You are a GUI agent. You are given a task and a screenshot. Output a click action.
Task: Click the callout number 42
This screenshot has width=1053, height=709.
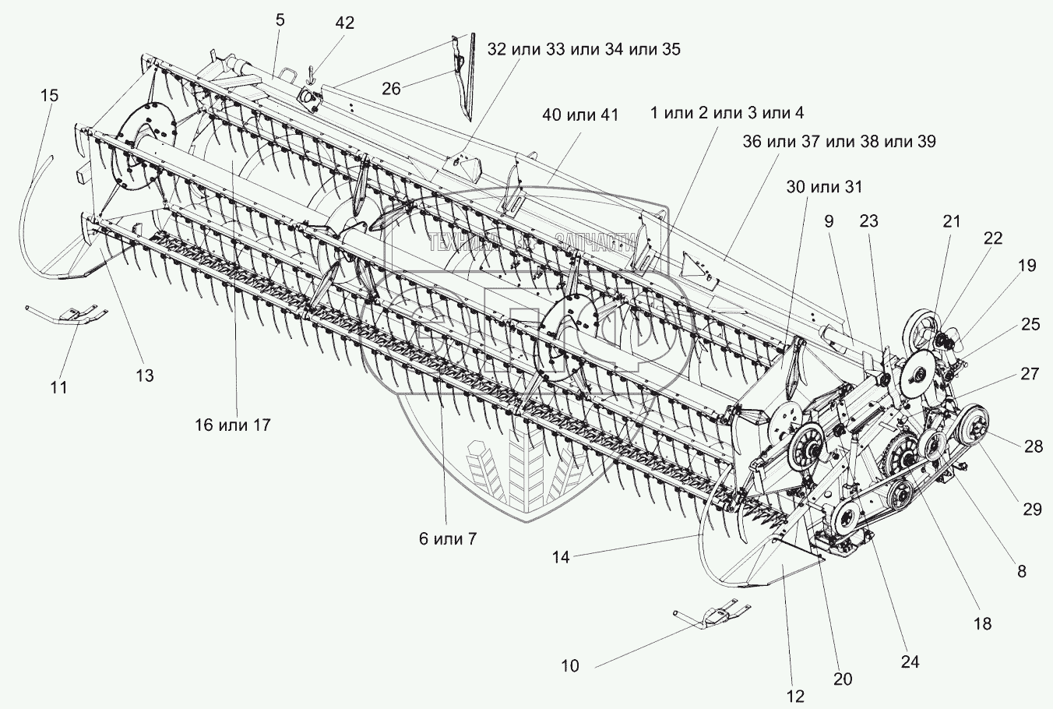tap(344, 23)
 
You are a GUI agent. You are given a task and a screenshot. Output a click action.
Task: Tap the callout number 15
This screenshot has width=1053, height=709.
tap(49, 95)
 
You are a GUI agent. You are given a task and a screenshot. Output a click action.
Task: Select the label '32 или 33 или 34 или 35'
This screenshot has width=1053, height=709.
tap(583, 49)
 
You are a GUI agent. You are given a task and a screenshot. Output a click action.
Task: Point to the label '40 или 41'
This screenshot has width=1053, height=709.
tap(580, 115)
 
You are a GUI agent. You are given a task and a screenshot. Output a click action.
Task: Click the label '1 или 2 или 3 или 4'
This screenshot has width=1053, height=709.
tap(727, 113)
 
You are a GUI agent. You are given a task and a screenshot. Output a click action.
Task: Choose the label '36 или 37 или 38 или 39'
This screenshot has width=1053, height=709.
tap(839, 142)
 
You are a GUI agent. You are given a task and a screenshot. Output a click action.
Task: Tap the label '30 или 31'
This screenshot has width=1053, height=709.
tap(825, 187)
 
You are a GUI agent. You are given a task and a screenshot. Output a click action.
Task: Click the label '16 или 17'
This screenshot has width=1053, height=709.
tap(233, 425)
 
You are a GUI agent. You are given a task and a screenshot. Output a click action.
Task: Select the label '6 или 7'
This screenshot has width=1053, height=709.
tap(448, 539)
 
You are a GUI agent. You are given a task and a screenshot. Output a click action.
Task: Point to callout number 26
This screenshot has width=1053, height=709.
tap(391, 88)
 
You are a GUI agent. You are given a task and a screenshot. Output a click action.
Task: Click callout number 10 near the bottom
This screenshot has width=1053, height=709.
tap(570, 665)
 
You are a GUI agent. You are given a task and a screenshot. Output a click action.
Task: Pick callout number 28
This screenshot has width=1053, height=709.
tap(1034, 446)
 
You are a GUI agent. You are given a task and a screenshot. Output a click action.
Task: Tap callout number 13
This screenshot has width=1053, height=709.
tap(145, 376)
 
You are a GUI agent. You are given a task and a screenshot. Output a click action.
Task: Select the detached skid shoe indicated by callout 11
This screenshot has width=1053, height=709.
tap(65, 314)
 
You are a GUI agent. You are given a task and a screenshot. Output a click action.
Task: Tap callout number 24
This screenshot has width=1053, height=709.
tap(910, 662)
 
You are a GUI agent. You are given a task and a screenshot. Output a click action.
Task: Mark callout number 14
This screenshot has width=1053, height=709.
tap(561, 558)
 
